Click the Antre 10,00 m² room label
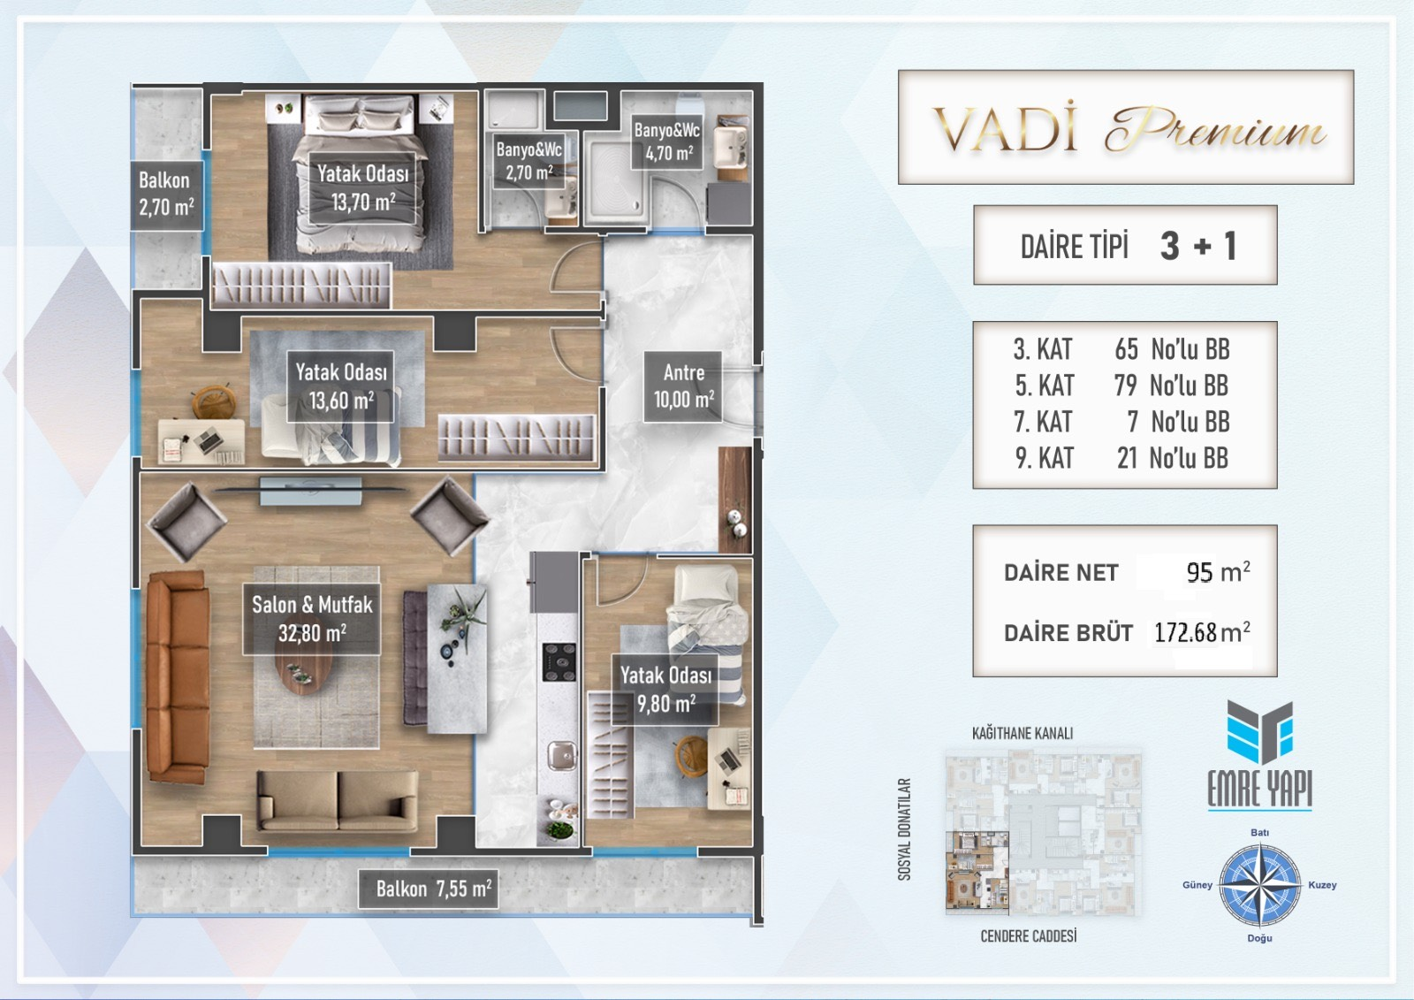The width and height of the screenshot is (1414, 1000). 683,386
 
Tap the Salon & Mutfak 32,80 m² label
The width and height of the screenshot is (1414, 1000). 312,618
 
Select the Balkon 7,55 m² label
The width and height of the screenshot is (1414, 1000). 428,889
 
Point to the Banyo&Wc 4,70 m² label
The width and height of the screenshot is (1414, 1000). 666,141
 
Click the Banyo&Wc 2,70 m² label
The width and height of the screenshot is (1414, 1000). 528,161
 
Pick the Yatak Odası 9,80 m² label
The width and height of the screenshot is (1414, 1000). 665,689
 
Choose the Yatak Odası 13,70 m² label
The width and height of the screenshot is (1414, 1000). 362,187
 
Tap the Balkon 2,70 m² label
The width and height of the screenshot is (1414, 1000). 166,194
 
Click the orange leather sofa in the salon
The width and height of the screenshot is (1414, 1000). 178,678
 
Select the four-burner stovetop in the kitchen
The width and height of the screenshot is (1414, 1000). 559,662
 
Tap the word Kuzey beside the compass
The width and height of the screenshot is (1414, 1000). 1322,885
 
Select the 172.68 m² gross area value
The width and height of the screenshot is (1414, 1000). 1202,632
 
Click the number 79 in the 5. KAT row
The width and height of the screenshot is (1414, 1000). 1126,385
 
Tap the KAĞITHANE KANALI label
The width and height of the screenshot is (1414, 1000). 1022,733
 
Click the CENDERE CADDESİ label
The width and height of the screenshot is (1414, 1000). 1029,936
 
